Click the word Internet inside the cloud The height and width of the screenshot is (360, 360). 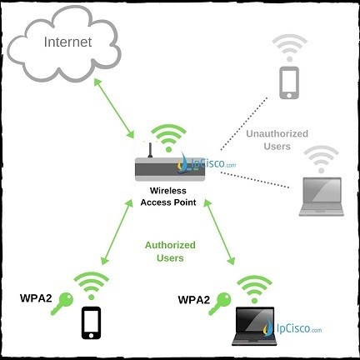pos(67,42)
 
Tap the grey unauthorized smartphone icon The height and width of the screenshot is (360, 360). pos(289,82)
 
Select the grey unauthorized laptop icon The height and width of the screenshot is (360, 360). pos(322,197)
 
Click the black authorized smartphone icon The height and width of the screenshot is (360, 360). pos(91,322)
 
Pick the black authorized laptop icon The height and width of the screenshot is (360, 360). pos(254,326)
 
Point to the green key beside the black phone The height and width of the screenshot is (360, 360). pos(62,303)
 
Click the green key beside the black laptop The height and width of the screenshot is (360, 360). pos(220,303)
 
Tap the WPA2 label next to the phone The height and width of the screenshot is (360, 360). pos(36,298)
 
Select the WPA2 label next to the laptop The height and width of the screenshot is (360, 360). pos(194,300)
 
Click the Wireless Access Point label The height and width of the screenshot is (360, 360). pos(168,197)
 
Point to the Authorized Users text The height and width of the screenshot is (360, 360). pos(170,252)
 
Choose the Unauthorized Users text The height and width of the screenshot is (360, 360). pos(277,140)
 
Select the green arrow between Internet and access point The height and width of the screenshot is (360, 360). pos(114,108)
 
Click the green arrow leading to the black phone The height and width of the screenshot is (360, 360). pos(117,232)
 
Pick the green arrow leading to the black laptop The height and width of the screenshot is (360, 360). pos(219,232)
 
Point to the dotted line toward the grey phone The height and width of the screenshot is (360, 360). pos(244,123)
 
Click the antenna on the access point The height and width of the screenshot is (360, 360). pos(150,150)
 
